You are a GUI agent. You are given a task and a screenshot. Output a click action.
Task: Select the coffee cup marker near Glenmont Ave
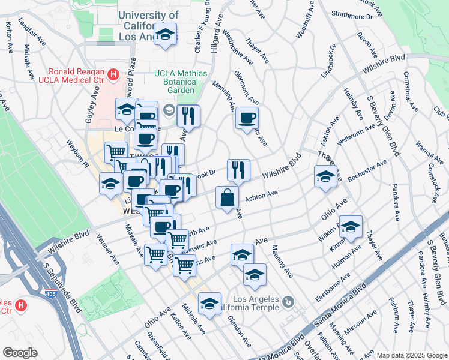click(x=246, y=118)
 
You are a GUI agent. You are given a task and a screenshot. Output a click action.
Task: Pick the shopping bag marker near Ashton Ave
click(x=227, y=197)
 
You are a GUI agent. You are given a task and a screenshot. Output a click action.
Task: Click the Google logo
click(x=19, y=353)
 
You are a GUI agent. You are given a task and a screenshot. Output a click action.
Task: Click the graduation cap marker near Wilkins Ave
click(x=351, y=226)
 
